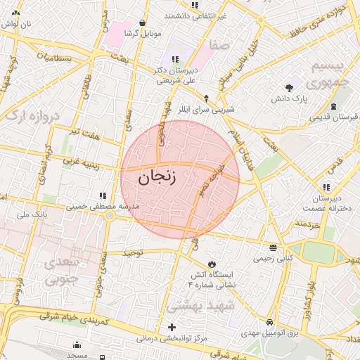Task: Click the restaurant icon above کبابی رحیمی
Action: pos(272,247)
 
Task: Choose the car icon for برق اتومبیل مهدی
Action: pos(270,323)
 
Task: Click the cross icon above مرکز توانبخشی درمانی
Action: pos(172,328)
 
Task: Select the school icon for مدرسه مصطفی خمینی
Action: pos(103,195)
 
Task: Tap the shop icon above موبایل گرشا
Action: pos(143,22)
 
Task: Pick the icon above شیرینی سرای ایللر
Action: pos(206,98)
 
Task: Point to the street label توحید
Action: pos(133,252)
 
